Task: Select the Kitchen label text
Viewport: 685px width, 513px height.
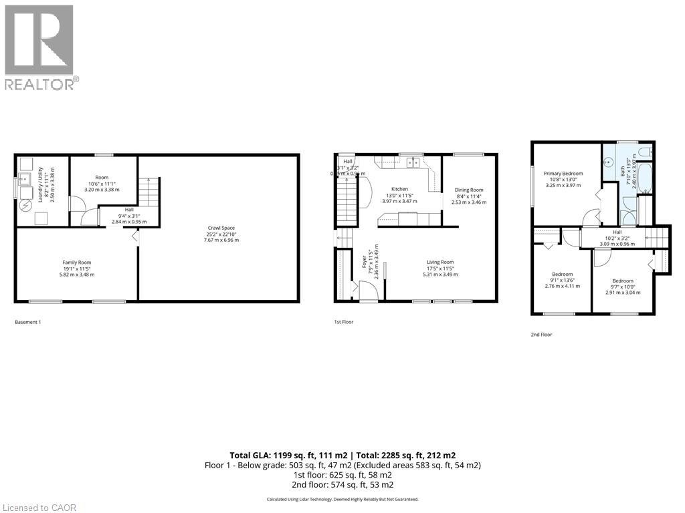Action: (399, 189)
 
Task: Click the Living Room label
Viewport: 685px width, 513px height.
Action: (438, 263)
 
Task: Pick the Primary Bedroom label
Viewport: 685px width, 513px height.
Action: (563, 174)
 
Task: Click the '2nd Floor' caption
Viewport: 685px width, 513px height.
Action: (542, 334)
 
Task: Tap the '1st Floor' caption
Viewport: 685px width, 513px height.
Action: (344, 322)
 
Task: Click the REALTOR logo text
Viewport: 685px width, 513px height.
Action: (40, 84)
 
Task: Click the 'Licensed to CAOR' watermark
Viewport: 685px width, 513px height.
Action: (39, 508)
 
